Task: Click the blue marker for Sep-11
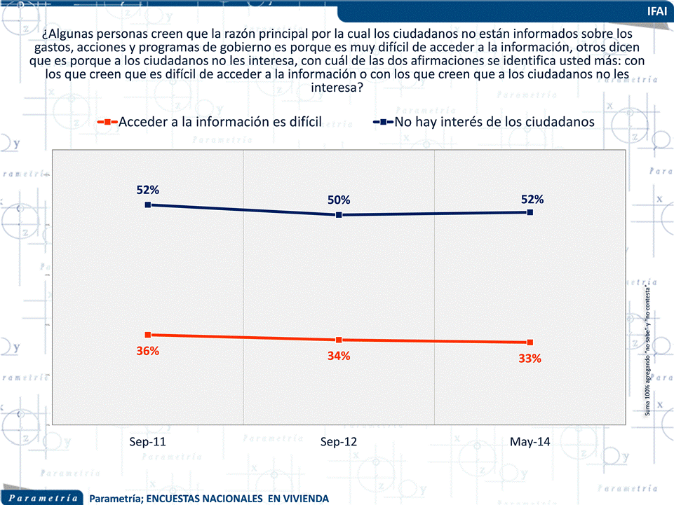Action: pyautogui.click(x=148, y=205)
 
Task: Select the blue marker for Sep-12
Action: pyautogui.click(x=339, y=215)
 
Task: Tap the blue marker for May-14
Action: pyautogui.click(x=530, y=212)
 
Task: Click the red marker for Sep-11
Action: pyautogui.click(x=148, y=335)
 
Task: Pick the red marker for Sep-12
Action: pyautogui.click(x=339, y=340)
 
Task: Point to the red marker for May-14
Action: pyautogui.click(x=530, y=343)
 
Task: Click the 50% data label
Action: pyautogui.click(x=339, y=200)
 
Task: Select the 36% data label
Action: pyautogui.click(x=148, y=351)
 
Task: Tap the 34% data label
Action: pyautogui.click(x=339, y=356)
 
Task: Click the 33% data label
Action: pyautogui.click(x=530, y=359)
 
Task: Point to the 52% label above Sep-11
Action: pyautogui.click(x=148, y=190)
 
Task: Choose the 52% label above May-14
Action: pyautogui.click(x=532, y=199)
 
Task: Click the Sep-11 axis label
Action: pyautogui.click(x=147, y=442)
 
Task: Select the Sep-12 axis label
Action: pyautogui.click(x=339, y=442)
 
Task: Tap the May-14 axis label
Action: pyautogui.click(x=530, y=442)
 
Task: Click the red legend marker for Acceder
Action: pyautogui.click(x=107, y=122)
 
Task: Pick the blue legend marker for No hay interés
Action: pyautogui.click(x=384, y=122)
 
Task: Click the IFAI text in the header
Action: pyautogui.click(x=657, y=11)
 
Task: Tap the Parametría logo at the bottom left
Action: pyautogui.click(x=43, y=498)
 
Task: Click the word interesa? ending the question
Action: pyautogui.click(x=337, y=88)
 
